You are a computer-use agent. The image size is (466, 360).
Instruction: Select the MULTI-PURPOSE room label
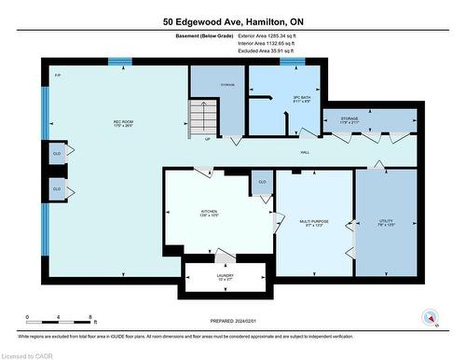pyautogui.click(x=313, y=223)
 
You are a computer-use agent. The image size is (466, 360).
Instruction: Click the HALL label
pyautogui.click(x=305, y=151)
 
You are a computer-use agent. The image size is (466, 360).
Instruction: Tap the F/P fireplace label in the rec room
pyautogui.click(x=58, y=76)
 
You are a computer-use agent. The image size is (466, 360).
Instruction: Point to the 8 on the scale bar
pyautogui.click(x=89, y=317)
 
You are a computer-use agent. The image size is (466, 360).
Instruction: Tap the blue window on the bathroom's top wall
pyautogui.click(x=294, y=62)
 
